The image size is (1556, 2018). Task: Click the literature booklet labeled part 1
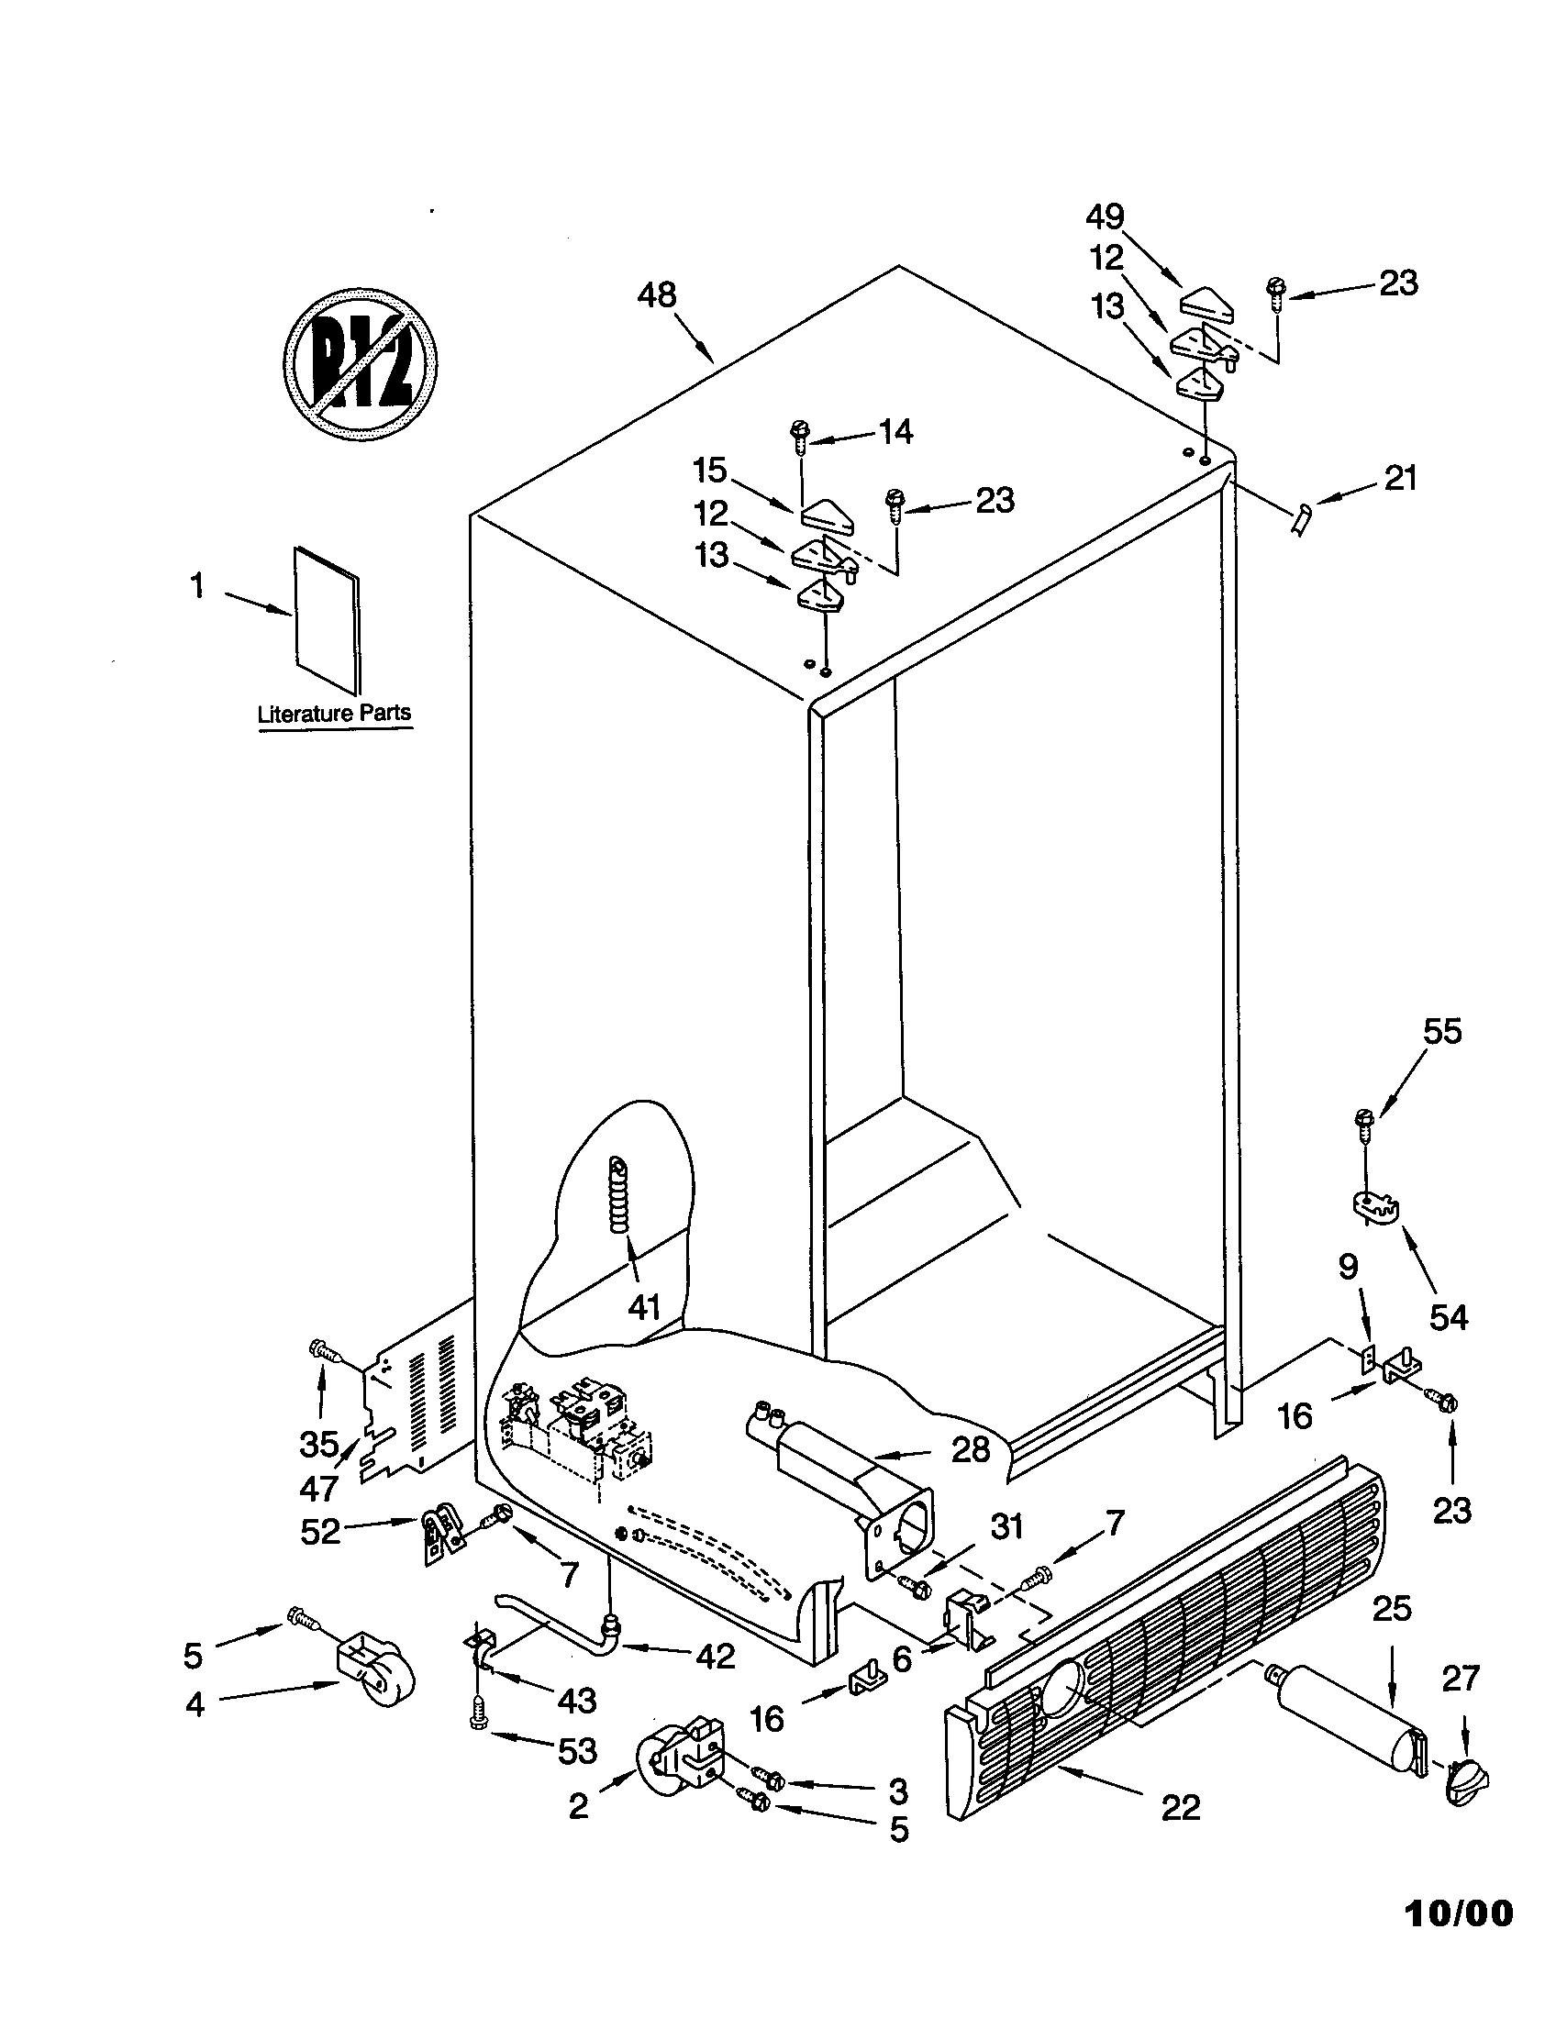coord(328,620)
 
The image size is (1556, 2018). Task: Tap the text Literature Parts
coord(335,714)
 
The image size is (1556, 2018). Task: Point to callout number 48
coord(657,295)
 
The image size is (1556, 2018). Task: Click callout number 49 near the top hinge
coord(1106,217)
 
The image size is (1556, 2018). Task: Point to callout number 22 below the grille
coord(1181,1802)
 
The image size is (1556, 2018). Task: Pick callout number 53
coord(577,1750)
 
